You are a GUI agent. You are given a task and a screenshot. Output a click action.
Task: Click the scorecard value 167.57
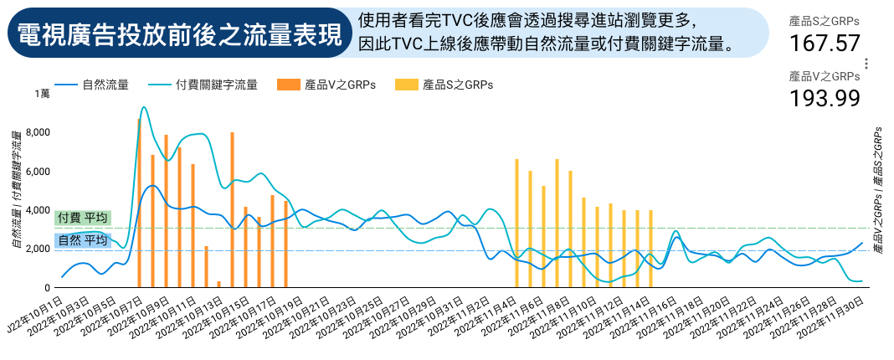coord(825,44)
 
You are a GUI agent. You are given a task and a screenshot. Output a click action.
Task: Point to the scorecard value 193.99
coord(825,98)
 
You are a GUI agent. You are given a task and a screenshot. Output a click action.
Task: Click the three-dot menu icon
coord(867,64)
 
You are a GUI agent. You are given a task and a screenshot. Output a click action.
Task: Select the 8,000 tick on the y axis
coord(39,132)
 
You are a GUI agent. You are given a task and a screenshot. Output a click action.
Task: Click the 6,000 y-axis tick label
coord(39,172)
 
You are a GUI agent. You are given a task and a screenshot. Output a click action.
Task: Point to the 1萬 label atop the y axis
coord(42,94)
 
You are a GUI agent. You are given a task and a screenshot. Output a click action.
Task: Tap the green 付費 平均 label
coord(81,218)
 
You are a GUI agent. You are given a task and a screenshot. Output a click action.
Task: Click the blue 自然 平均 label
coord(81,240)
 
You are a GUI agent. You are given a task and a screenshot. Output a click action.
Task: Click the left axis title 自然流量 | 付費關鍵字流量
coord(16,191)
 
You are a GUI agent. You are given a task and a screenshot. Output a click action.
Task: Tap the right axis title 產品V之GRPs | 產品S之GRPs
coord(877,191)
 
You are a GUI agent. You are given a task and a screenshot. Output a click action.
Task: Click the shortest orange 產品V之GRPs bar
coord(219,285)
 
